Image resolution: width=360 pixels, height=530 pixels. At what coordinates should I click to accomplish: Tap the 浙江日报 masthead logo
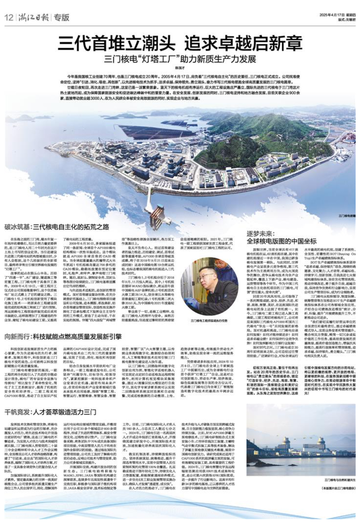coord(32,17)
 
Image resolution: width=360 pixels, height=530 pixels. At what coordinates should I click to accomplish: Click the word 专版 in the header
coord(61,17)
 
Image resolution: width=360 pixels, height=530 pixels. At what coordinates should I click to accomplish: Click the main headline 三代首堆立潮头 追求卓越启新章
coord(180,43)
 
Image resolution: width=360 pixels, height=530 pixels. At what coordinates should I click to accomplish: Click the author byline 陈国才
coord(179,68)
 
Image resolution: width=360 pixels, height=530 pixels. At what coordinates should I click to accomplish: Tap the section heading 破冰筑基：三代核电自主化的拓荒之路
coord(57,227)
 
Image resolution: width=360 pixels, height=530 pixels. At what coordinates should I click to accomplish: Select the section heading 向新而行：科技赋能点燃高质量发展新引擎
coord(63,337)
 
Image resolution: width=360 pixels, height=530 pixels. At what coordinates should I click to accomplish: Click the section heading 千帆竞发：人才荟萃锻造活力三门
coord(50,412)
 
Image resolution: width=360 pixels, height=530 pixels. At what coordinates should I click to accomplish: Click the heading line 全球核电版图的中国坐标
coord(282,241)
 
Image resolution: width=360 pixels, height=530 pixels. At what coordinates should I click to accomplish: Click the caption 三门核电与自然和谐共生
coord(340,480)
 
